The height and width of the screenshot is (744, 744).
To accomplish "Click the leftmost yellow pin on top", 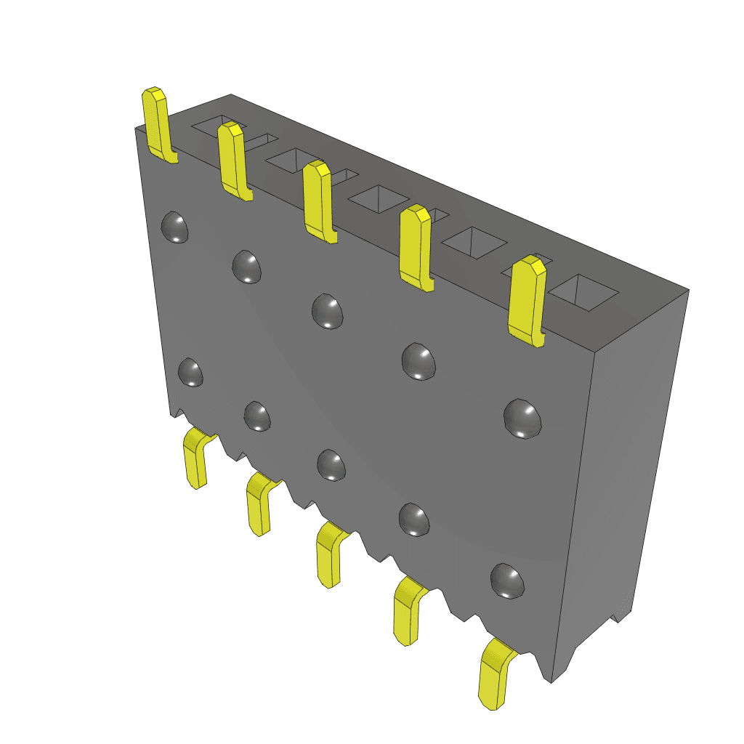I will point(157,124).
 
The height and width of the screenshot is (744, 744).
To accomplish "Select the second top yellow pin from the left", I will point(233,160).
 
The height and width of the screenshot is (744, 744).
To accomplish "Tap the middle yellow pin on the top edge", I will point(318,201).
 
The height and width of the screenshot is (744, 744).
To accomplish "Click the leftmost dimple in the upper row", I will point(174,227).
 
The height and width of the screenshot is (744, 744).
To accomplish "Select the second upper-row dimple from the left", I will point(247,266).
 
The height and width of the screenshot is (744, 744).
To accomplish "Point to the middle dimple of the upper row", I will point(327,311).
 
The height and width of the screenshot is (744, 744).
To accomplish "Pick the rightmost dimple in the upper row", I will point(523,418).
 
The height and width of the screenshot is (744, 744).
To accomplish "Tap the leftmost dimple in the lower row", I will point(190,372).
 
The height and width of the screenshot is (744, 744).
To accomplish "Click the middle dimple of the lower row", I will point(331,464).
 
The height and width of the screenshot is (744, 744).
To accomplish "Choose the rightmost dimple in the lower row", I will point(507,580).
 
